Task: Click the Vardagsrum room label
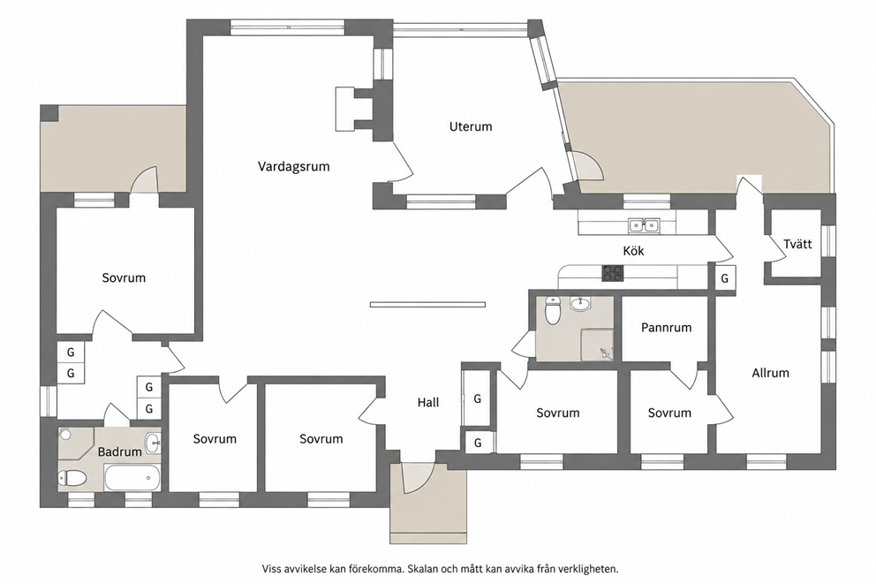[x=293, y=166]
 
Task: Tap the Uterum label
[x=471, y=127]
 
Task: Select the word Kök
[x=633, y=251]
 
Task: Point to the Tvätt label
[x=797, y=244]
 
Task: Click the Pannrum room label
[x=666, y=328]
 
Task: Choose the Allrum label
[x=770, y=373]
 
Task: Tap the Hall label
[x=428, y=402]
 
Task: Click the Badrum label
[x=119, y=451]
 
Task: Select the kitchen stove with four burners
[x=613, y=273]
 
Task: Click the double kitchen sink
[x=644, y=225]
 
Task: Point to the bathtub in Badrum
[x=132, y=478]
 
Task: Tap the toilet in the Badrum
[x=72, y=478]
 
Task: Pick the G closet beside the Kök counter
[x=725, y=277]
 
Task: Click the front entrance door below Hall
[x=417, y=478]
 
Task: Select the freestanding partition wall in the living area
[x=427, y=305]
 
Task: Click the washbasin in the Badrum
[x=153, y=444]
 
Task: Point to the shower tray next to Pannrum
[x=597, y=345]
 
